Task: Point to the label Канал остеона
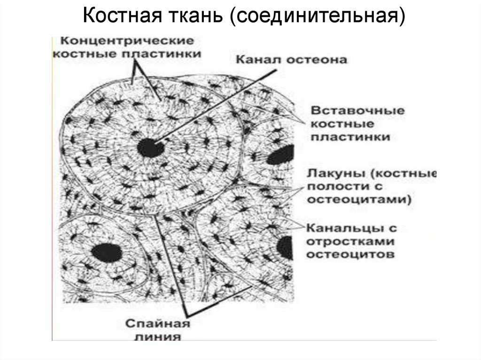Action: point(291,60)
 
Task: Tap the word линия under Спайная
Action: point(158,337)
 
